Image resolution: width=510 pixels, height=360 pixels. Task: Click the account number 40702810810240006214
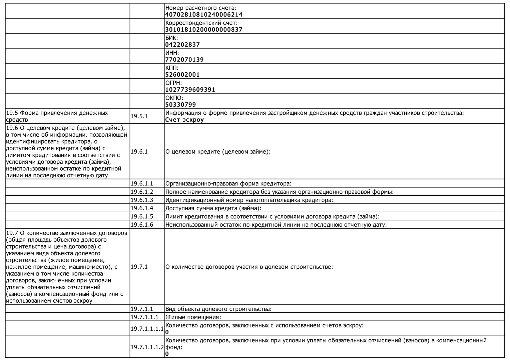pos(203,15)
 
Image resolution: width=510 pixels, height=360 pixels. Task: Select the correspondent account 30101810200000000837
pos(203,30)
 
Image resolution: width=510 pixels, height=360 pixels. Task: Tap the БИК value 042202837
pos(182,45)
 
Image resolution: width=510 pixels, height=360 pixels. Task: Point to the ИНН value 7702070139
pos(184,60)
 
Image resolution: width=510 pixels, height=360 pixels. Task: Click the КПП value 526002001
pos(182,75)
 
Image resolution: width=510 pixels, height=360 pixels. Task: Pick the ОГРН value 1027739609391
pos(190,90)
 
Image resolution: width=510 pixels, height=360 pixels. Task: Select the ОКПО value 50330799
pos(180,105)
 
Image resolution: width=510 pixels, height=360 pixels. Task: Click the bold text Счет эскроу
pos(184,120)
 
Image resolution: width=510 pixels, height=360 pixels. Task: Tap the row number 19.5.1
pos(139,116)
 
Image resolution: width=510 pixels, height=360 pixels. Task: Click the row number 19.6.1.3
pos(142,200)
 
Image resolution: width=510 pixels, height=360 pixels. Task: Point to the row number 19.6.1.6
pos(142,225)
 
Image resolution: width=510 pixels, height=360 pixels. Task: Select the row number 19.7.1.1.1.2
pos(147,347)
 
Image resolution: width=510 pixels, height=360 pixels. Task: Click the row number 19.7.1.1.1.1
pos(147,329)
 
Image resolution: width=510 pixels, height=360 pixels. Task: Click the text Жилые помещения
pos(193,317)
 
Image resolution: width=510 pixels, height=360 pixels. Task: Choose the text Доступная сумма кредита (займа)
pos(213,208)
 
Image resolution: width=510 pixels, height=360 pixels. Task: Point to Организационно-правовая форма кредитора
pos(228,184)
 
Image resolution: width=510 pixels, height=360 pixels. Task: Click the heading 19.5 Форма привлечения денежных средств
pos(57,116)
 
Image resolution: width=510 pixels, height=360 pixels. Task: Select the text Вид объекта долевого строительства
pos(218,309)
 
